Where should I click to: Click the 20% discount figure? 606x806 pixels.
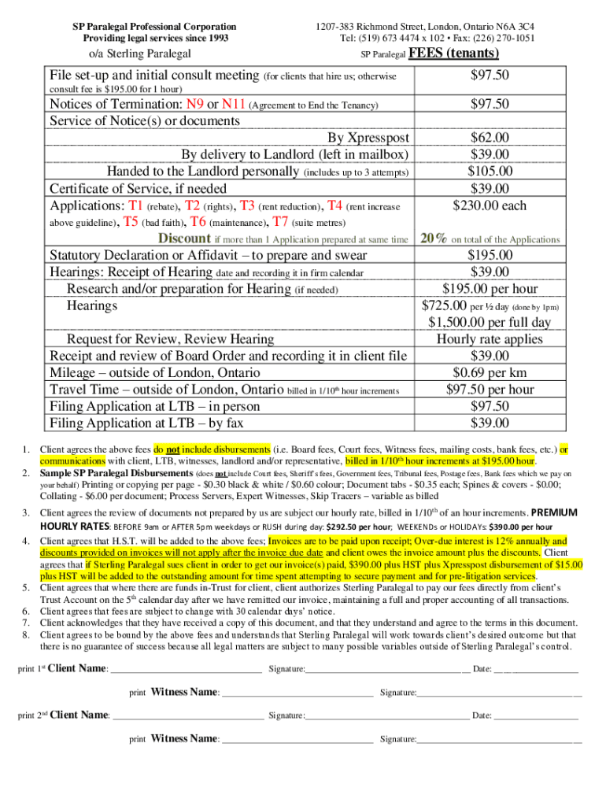434,238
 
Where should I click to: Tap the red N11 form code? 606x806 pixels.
234,105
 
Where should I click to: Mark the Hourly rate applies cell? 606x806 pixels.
490,339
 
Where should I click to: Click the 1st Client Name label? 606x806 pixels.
78,668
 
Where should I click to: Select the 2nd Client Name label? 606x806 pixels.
79,715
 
